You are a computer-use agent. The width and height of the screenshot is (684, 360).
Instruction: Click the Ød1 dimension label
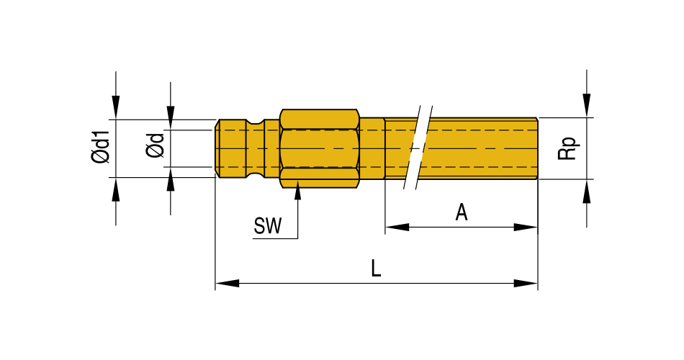100,148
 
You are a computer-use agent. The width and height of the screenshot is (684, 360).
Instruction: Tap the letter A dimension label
462,212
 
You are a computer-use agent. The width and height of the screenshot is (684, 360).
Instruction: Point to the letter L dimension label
376,269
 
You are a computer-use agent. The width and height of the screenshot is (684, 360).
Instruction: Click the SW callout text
267,227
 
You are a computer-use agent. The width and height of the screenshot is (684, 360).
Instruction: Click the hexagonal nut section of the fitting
319,149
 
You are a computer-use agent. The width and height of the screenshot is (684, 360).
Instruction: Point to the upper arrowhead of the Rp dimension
588,106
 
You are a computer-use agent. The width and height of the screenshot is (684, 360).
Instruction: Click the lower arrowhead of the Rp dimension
588,190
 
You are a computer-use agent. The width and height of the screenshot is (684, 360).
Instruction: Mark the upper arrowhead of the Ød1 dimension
116,108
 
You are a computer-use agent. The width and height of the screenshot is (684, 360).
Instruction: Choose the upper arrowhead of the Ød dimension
171,119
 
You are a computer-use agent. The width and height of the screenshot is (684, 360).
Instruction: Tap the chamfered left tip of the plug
217,148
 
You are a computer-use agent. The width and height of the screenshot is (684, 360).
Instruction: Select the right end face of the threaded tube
537,148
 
